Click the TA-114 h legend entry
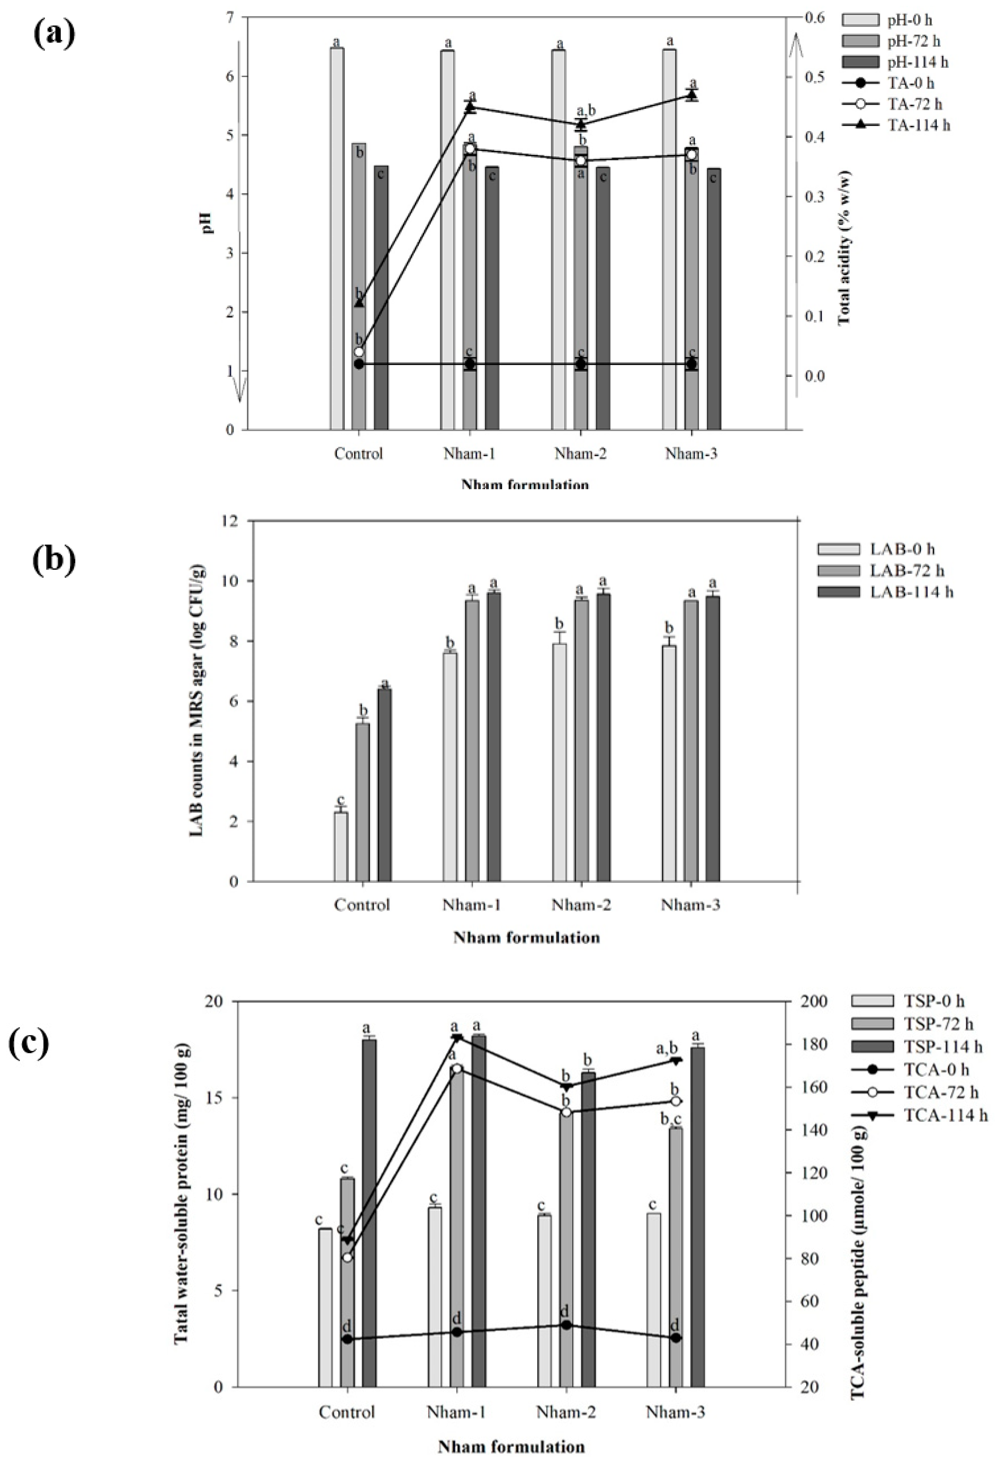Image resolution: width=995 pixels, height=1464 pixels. pyautogui.click(x=895, y=125)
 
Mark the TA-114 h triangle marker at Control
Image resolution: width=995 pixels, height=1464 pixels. pyautogui.click(x=359, y=303)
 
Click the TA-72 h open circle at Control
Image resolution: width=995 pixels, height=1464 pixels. pyautogui.click(x=359, y=351)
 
